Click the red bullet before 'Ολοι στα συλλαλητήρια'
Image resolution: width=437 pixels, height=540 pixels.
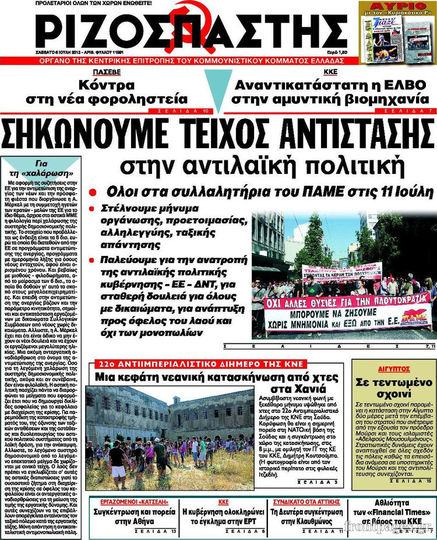[x=91, y=193]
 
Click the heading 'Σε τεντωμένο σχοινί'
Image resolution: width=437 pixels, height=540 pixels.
[x=393, y=388]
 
